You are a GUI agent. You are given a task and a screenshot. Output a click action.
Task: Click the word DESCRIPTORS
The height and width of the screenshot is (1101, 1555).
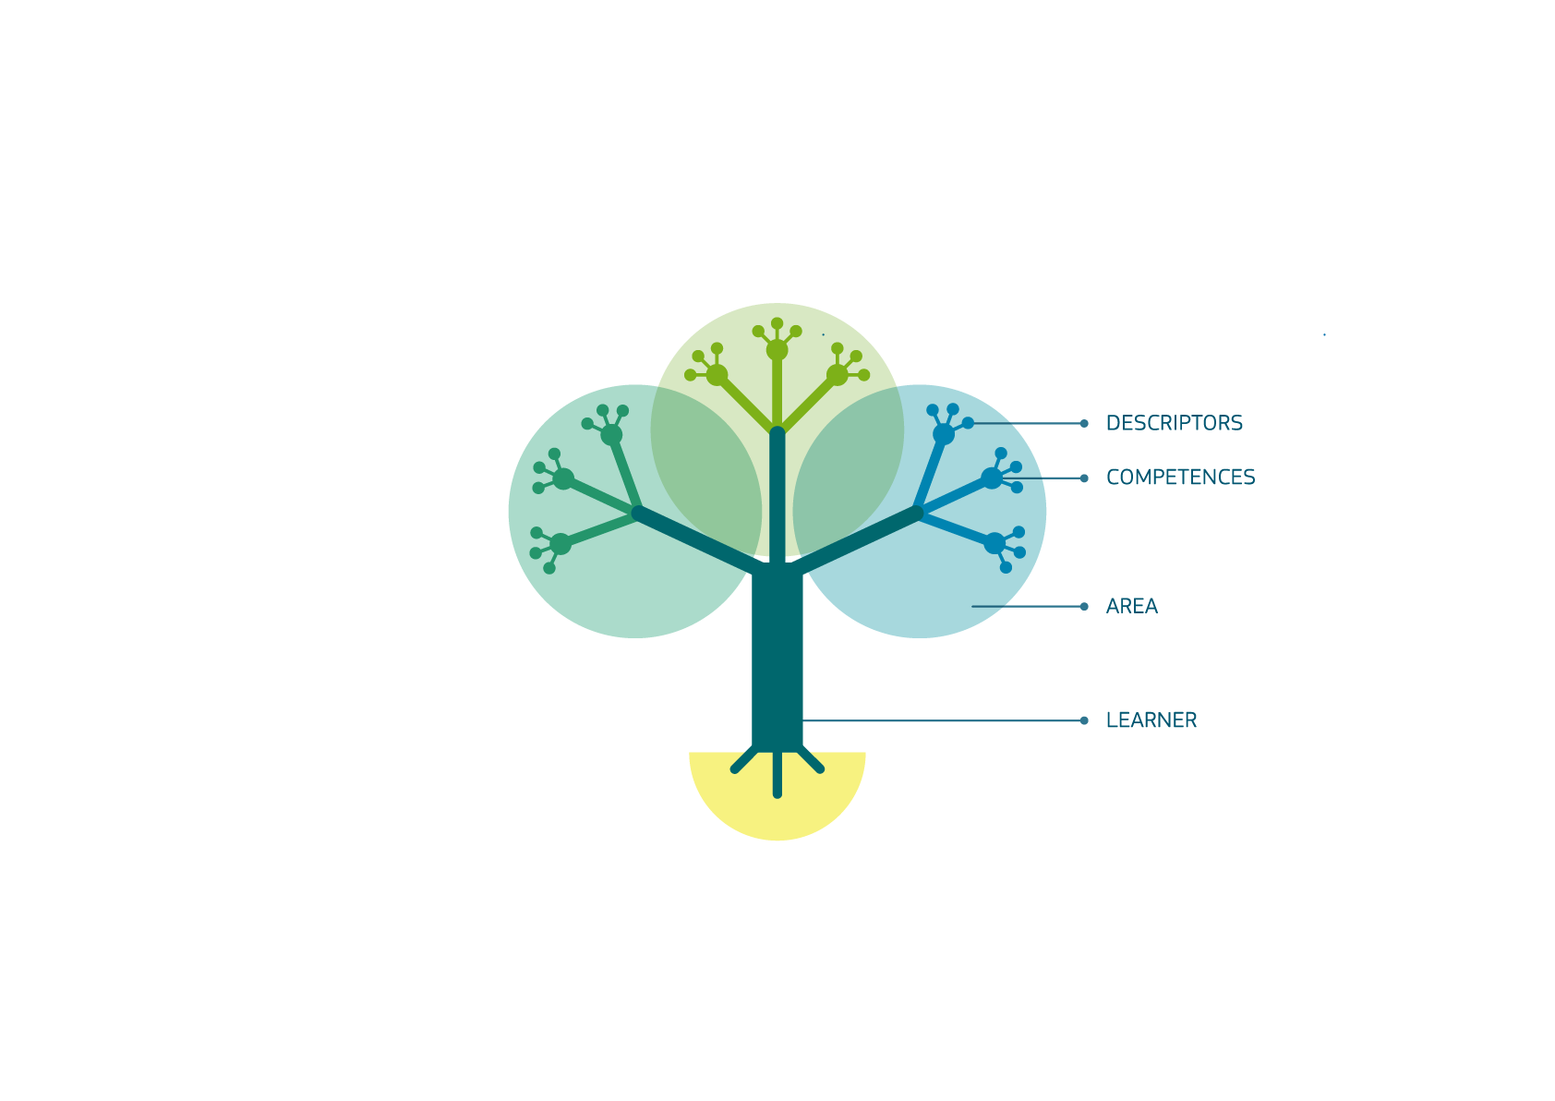(x=1174, y=423)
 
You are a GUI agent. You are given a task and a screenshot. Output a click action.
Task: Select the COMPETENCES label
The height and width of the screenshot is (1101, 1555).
(x=1180, y=477)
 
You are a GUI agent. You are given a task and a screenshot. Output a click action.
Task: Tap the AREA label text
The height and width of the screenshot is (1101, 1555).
(x=1131, y=606)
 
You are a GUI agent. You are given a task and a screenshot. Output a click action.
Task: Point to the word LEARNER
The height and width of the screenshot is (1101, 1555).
(x=1151, y=720)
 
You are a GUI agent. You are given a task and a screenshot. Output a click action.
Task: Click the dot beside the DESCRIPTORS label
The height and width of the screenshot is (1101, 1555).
(x=1084, y=423)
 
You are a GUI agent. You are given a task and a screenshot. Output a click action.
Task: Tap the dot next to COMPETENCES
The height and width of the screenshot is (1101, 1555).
(x=1084, y=478)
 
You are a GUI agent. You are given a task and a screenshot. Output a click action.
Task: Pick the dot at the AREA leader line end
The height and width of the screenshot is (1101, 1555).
(x=1084, y=607)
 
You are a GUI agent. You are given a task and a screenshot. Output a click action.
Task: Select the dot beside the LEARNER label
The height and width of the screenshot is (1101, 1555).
(x=1084, y=720)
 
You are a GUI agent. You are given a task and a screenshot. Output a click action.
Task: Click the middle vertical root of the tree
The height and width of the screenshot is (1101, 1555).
(x=777, y=774)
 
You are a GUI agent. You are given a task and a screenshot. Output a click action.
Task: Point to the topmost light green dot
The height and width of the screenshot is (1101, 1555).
(x=777, y=323)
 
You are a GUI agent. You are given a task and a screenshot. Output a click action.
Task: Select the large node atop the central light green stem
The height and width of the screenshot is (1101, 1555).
(x=777, y=350)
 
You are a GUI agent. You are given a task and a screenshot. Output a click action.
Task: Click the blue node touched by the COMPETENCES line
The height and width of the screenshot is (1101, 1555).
(x=992, y=478)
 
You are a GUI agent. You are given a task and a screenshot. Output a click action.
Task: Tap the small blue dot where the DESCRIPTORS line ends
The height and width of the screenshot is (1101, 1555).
(x=968, y=423)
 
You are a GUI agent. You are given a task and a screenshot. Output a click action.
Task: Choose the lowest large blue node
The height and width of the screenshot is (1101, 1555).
(x=994, y=543)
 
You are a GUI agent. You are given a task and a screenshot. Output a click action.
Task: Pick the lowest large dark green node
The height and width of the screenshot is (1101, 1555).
(x=561, y=543)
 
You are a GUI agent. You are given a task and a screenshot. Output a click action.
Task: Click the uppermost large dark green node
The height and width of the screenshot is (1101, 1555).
(x=611, y=435)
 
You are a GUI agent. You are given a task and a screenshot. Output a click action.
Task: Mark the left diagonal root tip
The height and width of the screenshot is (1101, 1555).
(x=735, y=769)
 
